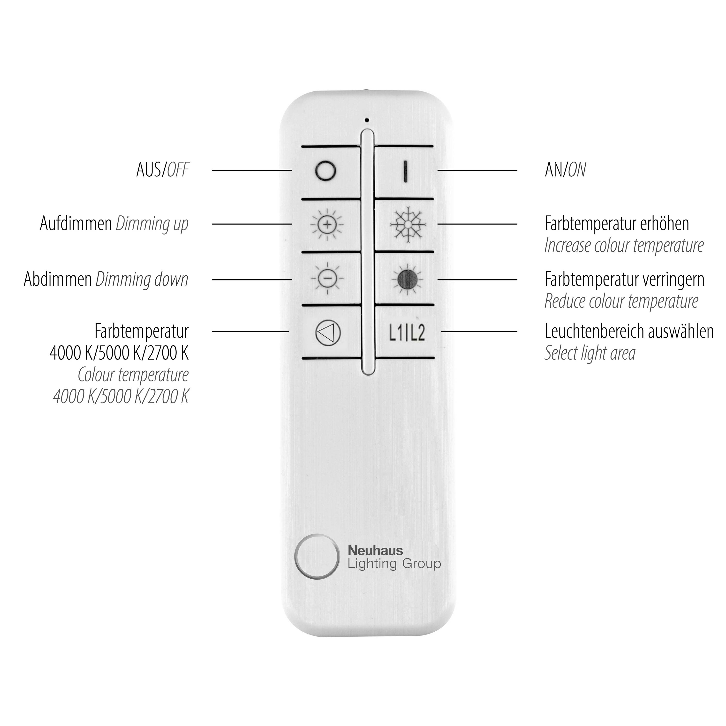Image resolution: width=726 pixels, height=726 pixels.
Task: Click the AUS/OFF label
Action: [x=163, y=170]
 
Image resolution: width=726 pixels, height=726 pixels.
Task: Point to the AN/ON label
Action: [x=565, y=170]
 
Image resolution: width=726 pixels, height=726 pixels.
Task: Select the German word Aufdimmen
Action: [x=76, y=224]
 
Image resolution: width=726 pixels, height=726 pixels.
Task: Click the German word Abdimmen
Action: [x=58, y=280]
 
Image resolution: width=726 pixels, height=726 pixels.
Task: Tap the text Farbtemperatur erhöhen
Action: [x=617, y=224]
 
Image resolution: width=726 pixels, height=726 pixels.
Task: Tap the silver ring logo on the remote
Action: [x=316, y=556]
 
